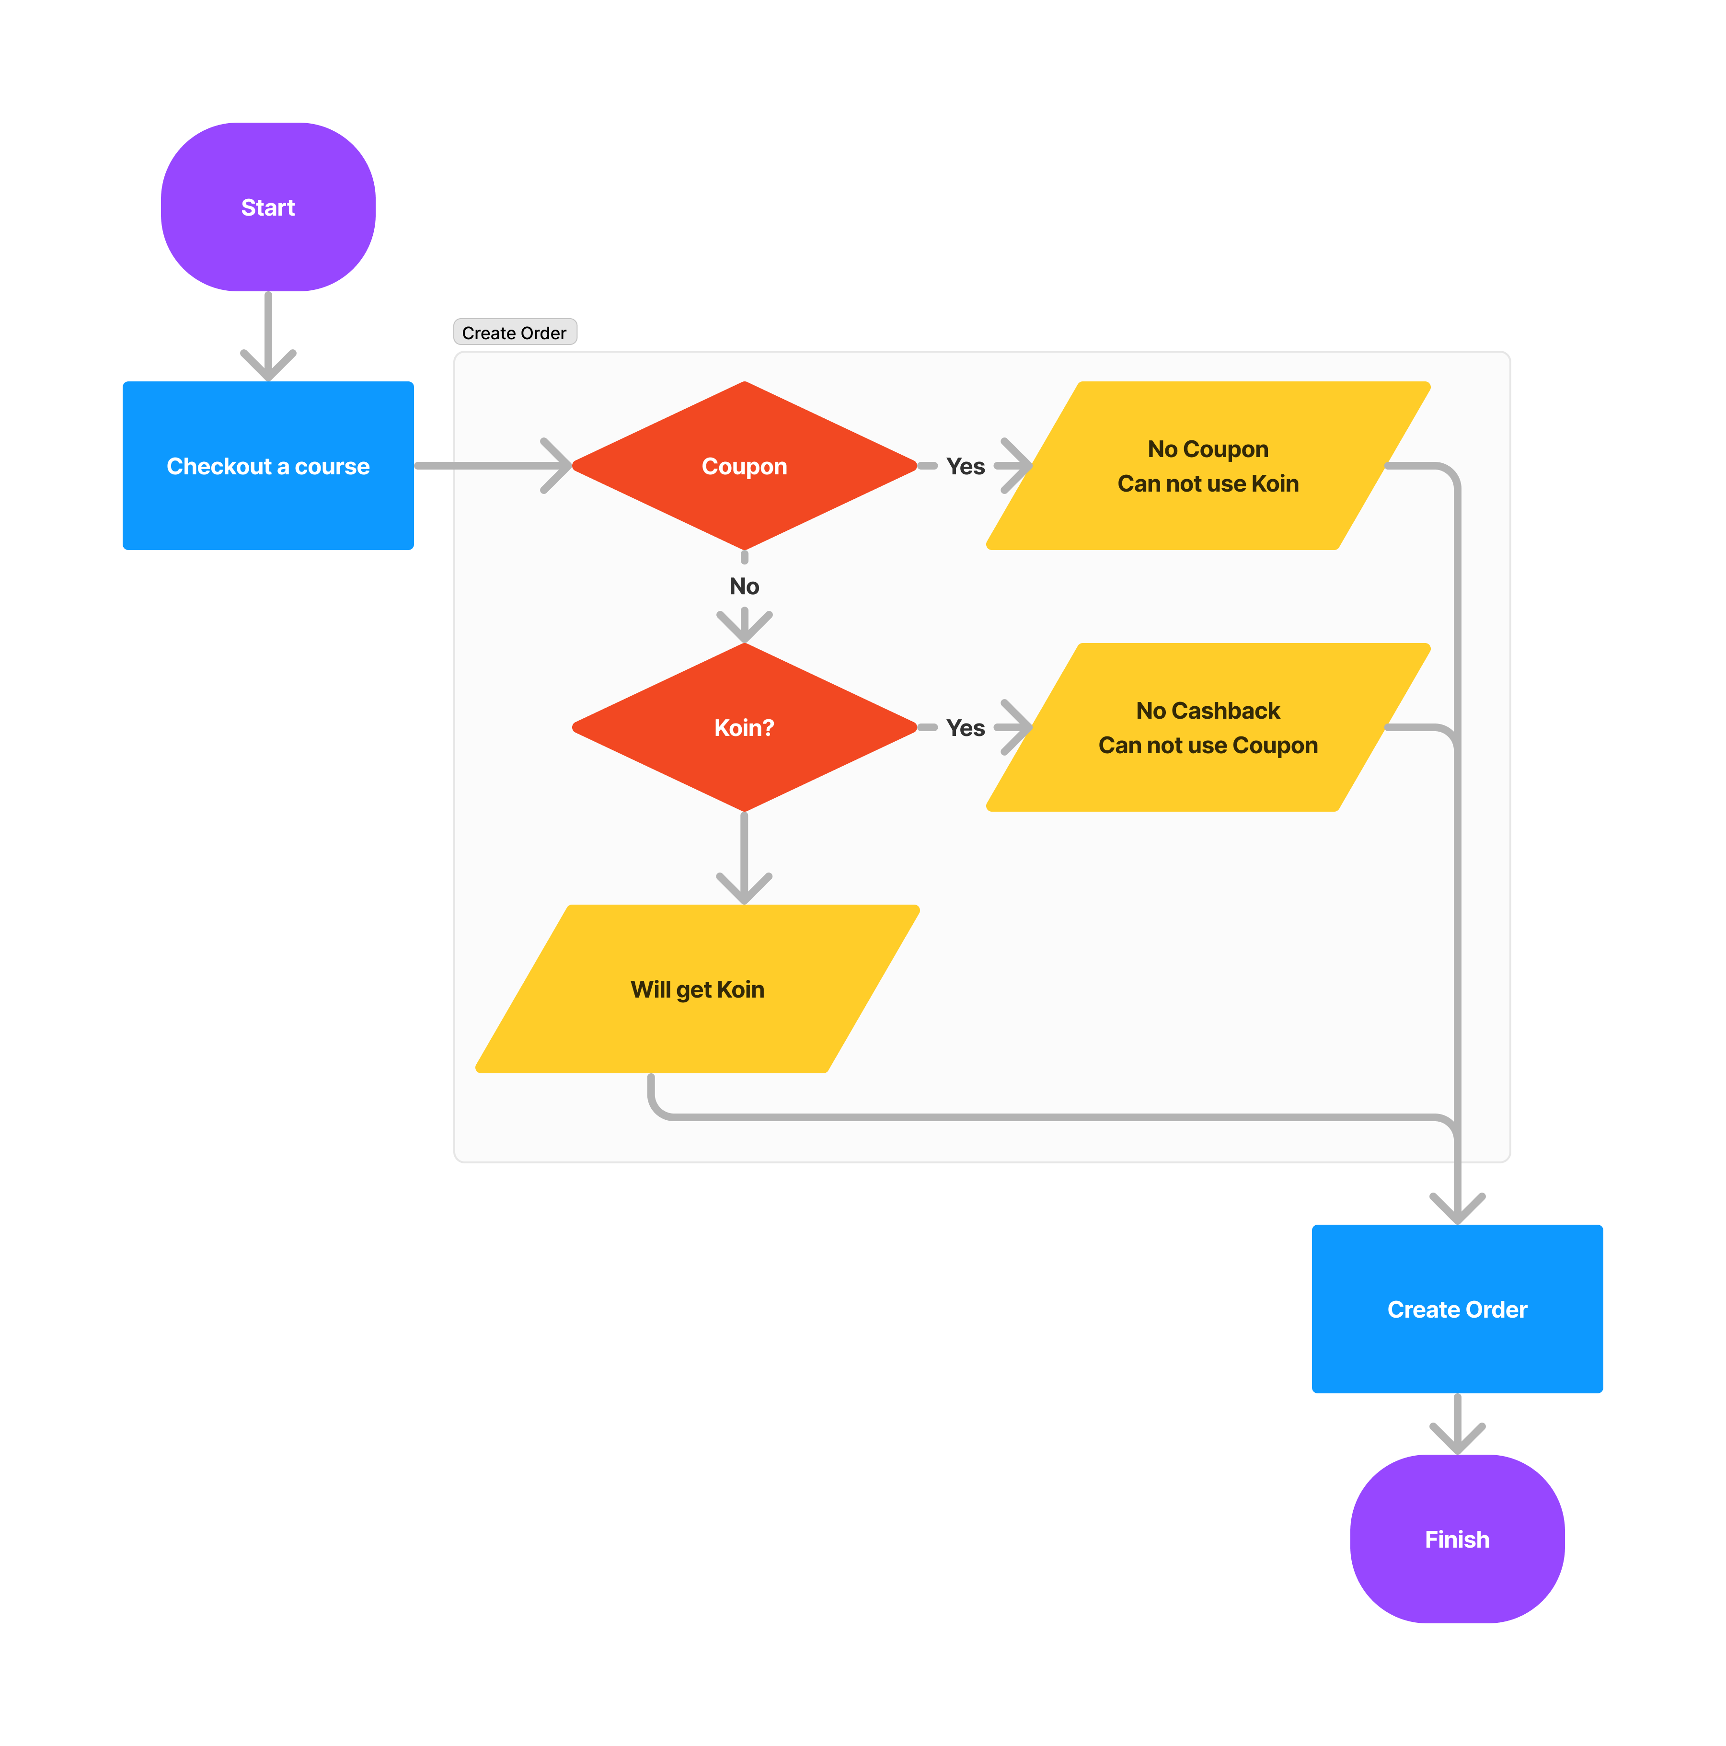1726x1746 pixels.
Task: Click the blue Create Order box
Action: pos(1457,1309)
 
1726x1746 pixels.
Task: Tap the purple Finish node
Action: pos(1457,1539)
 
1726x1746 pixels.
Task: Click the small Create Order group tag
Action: pos(514,333)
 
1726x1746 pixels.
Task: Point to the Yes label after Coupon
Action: pos(965,466)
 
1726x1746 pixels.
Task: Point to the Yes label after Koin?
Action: pos(965,727)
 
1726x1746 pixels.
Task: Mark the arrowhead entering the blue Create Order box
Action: pos(1457,1211)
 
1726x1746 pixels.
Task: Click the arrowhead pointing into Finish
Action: pos(1457,1440)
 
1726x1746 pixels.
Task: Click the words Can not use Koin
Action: pos(1208,483)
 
